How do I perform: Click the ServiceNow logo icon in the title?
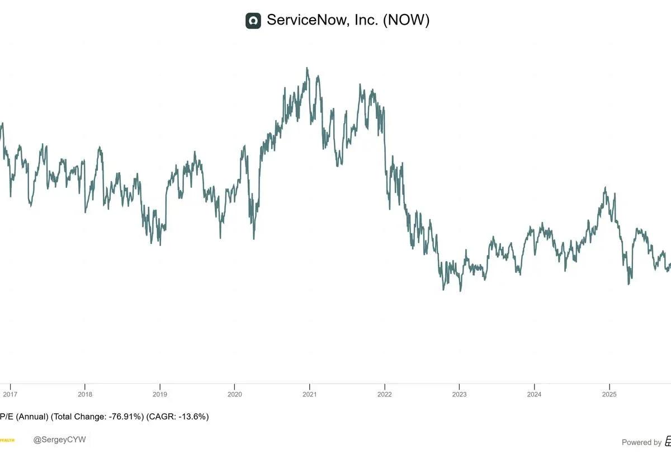253,21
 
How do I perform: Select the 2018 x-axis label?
84,394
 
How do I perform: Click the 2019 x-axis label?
159,394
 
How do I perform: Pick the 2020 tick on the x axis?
234,394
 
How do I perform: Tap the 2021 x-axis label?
309,394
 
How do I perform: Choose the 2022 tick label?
384,394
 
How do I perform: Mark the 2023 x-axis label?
459,394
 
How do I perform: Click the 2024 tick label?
534,394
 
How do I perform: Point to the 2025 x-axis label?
609,394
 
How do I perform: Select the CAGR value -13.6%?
193,417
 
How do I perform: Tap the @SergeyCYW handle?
60,440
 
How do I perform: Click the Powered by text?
641,442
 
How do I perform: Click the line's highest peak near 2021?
307,68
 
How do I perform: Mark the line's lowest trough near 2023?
460,291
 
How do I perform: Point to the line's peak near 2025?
605,188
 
